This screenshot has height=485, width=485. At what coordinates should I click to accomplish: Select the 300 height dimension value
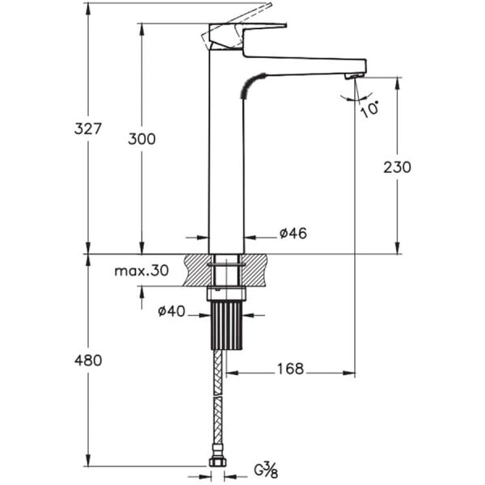[141, 138]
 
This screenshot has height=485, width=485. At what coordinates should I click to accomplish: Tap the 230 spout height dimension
[397, 167]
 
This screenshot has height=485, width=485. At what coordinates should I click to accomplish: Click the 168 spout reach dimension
[289, 369]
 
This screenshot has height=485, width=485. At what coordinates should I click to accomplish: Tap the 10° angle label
[371, 108]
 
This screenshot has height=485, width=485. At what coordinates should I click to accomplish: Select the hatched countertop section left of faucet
[196, 269]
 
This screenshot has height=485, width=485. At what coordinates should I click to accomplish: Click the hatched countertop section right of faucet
[257, 269]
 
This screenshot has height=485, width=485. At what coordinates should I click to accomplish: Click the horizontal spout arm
[307, 65]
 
